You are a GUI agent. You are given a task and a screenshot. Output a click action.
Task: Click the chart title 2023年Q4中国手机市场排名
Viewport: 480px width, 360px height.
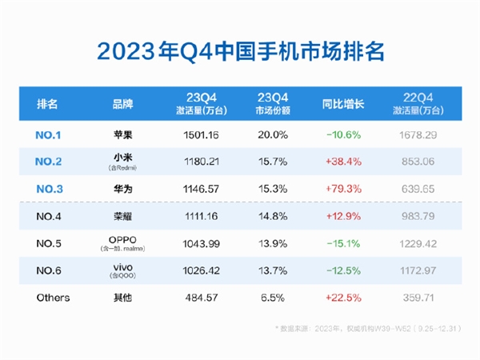(x=240, y=50)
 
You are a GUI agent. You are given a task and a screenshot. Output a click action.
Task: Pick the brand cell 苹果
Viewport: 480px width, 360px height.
(x=122, y=134)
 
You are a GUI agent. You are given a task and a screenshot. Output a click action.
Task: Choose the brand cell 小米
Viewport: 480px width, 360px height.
(x=122, y=158)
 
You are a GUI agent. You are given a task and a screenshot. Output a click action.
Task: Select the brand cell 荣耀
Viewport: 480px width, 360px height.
(x=122, y=216)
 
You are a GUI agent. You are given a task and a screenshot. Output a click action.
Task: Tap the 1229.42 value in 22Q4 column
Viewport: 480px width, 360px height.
(x=414, y=243)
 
